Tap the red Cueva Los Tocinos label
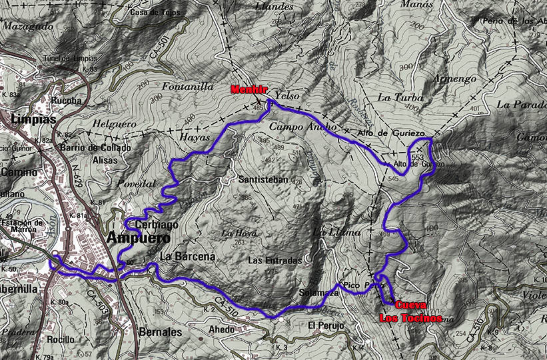coord(411,311)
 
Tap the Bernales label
coord(161,331)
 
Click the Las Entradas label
coord(274,260)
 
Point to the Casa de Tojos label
coord(157,13)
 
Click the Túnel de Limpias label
coord(69,58)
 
